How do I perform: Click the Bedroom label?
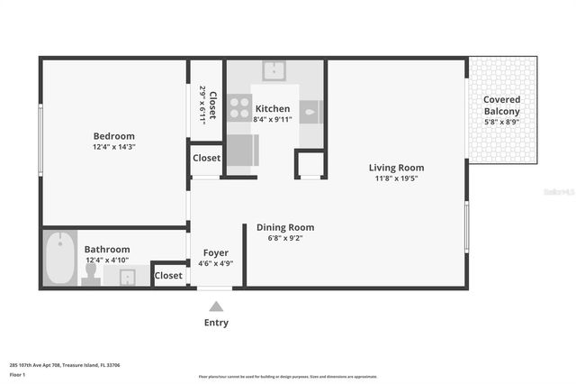113,135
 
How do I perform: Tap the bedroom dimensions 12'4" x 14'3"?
113,146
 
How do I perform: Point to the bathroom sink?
127,277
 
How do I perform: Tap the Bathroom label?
107,249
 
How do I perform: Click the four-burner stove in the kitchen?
239,108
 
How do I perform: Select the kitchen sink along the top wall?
274,70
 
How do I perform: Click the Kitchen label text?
273,108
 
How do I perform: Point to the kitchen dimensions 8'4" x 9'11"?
273,118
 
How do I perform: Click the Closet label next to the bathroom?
168,275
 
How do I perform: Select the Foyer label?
215,253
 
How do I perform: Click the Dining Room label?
285,227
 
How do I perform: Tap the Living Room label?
396,168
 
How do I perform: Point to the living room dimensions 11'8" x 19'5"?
396,178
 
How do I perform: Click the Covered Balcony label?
501,105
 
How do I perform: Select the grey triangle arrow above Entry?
216,306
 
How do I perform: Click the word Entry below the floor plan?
216,323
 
